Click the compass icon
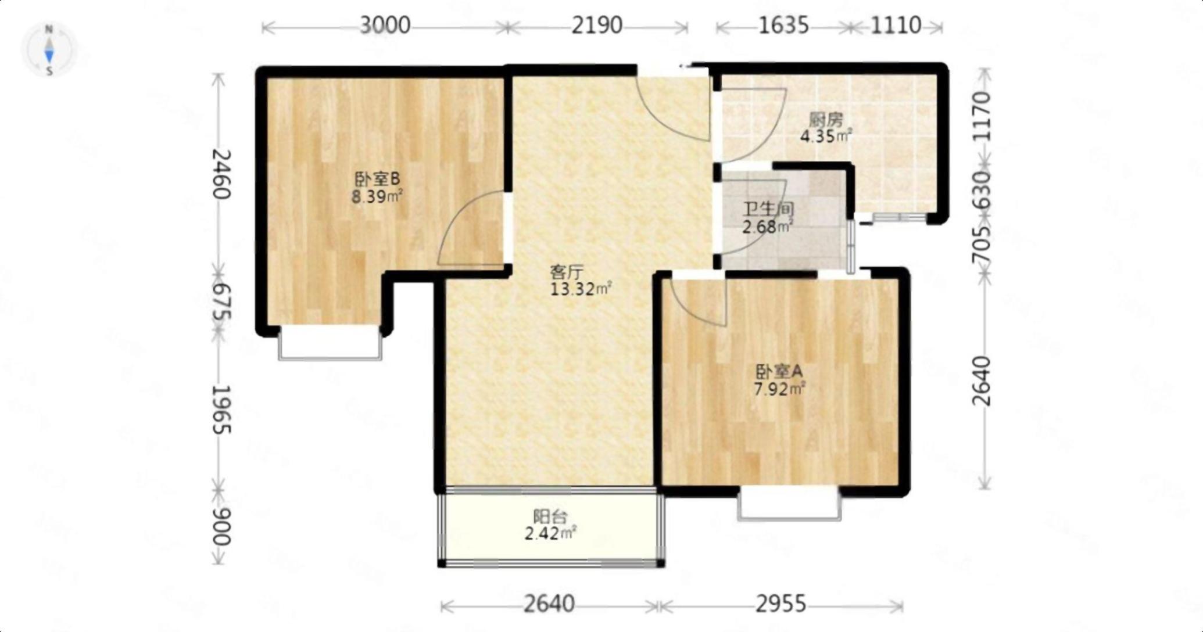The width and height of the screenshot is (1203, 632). (x=49, y=50)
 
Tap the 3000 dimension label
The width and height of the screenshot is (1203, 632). (x=385, y=26)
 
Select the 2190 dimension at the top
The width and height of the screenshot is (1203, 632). (x=597, y=26)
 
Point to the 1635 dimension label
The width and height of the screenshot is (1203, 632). (x=783, y=26)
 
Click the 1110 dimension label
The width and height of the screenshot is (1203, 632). (x=896, y=26)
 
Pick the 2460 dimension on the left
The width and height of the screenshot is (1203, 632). (x=221, y=174)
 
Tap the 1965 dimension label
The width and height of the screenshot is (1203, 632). (x=221, y=410)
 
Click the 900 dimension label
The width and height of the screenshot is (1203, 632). (x=221, y=526)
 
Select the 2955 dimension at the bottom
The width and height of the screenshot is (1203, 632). (x=780, y=605)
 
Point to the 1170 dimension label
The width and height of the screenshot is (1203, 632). (x=981, y=116)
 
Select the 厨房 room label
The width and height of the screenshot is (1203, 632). (x=826, y=120)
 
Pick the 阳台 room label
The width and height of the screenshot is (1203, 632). (x=550, y=515)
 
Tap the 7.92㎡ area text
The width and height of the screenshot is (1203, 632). (x=779, y=389)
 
